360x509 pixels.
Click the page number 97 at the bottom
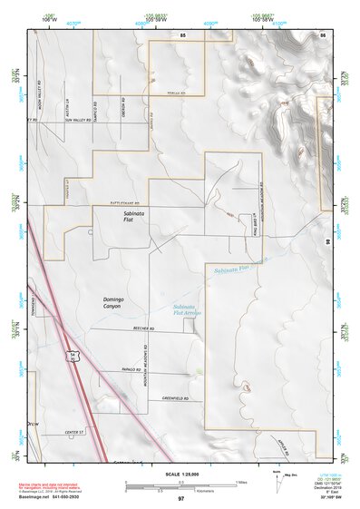click(x=180, y=499)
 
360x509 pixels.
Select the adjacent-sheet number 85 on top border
click(x=182, y=34)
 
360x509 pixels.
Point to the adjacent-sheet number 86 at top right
click(x=322, y=34)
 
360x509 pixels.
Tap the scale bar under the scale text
click(x=180, y=483)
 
